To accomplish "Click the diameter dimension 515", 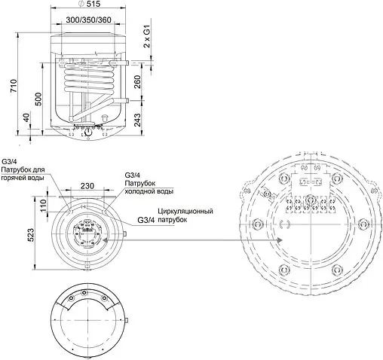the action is pyautogui.click(x=89, y=4).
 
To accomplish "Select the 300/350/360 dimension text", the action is pyautogui.click(x=88, y=20).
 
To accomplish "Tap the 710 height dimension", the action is pyautogui.click(x=14, y=86).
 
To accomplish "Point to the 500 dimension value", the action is pyautogui.click(x=38, y=99).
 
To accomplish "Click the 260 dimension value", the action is pyautogui.click(x=137, y=82).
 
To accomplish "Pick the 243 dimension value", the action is pyautogui.click(x=137, y=120).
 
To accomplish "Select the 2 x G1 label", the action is pyautogui.click(x=147, y=36).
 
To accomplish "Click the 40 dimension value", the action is pyautogui.click(x=26, y=117).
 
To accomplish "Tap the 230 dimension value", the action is pyautogui.click(x=87, y=186).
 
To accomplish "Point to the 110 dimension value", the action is pyautogui.click(x=43, y=206).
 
